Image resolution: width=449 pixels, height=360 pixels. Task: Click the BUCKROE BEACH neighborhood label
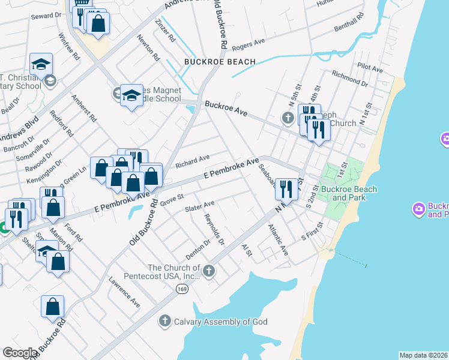coord(220,62)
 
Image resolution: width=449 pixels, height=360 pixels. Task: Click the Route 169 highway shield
coord(181,289)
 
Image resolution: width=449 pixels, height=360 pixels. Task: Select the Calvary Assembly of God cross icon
coord(165,322)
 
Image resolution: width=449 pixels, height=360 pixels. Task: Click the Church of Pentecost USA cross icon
coord(208,271)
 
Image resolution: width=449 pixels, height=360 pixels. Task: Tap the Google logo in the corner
coord(20,353)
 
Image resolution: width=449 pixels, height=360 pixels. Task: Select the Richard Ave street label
coord(192,160)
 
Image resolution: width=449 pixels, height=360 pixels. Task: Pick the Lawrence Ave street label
coord(124,292)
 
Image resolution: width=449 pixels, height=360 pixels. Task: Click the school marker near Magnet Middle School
coord(131,96)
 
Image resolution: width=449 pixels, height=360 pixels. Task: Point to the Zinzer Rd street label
coord(165,30)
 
